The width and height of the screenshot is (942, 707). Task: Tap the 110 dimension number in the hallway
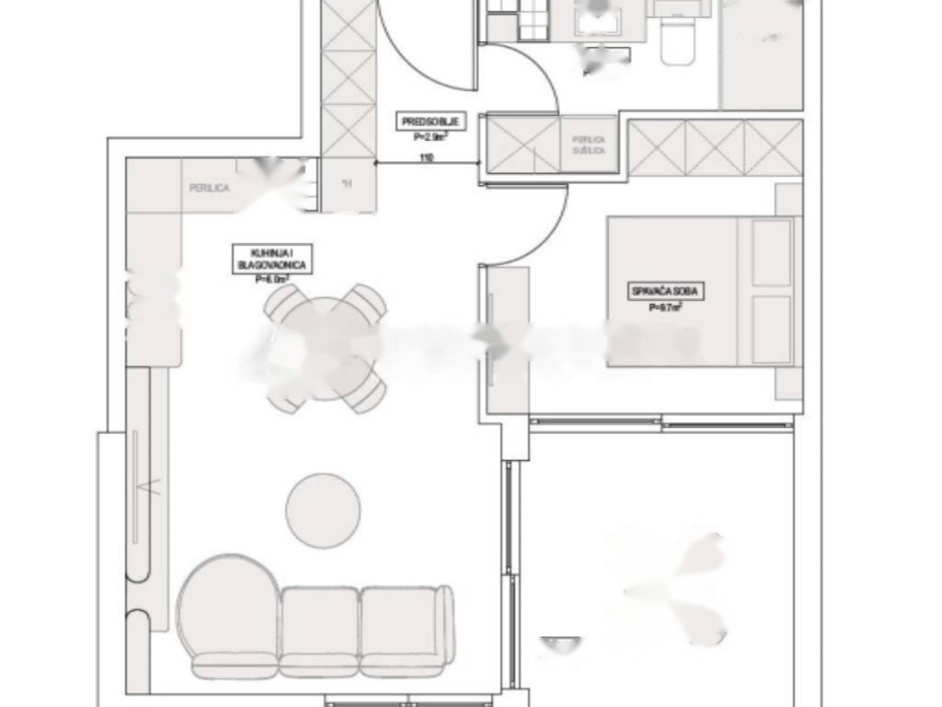(426, 157)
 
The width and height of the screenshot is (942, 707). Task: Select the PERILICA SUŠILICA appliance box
(589, 145)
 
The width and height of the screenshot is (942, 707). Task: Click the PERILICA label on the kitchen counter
(209, 188)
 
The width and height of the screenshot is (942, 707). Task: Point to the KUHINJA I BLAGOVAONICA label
(271, 257)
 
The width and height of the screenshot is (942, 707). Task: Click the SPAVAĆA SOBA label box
(667, 293)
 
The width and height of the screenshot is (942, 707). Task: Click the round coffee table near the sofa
(323, 511)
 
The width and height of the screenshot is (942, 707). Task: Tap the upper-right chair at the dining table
(367, 301)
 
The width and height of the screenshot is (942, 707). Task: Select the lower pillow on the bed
(771, 329)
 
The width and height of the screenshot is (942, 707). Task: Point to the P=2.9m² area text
(431, 137)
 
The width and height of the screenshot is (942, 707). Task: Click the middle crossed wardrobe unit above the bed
(715, 147)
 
